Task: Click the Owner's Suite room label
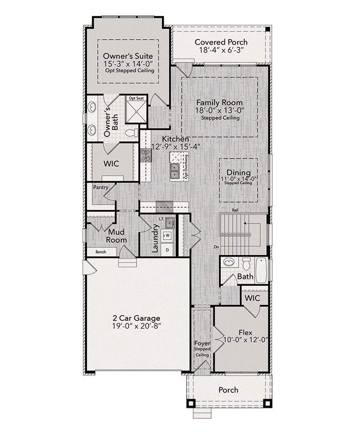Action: coord(128,56)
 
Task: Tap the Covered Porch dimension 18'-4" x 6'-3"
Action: coord(222,50)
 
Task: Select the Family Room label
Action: coord(220,102)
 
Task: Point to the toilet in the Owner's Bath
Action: coord(132,133)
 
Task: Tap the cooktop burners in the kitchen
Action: coord(146,155)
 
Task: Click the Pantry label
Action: coord(100,187)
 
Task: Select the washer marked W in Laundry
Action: coord(167,236)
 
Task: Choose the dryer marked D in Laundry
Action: coord(167,250)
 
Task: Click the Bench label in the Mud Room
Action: coord(101,252)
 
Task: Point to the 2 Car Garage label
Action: coord(136,318)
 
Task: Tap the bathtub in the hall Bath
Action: coord(261,270)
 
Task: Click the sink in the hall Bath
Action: coord(229,262)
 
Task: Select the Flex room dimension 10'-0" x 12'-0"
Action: coord(246,340)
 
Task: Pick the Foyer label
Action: coord(202,344)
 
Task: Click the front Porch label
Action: coord(228,390)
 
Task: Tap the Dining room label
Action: coord(239,173)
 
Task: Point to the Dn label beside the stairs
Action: coord(217,247)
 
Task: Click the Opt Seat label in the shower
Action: coord(136,98)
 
